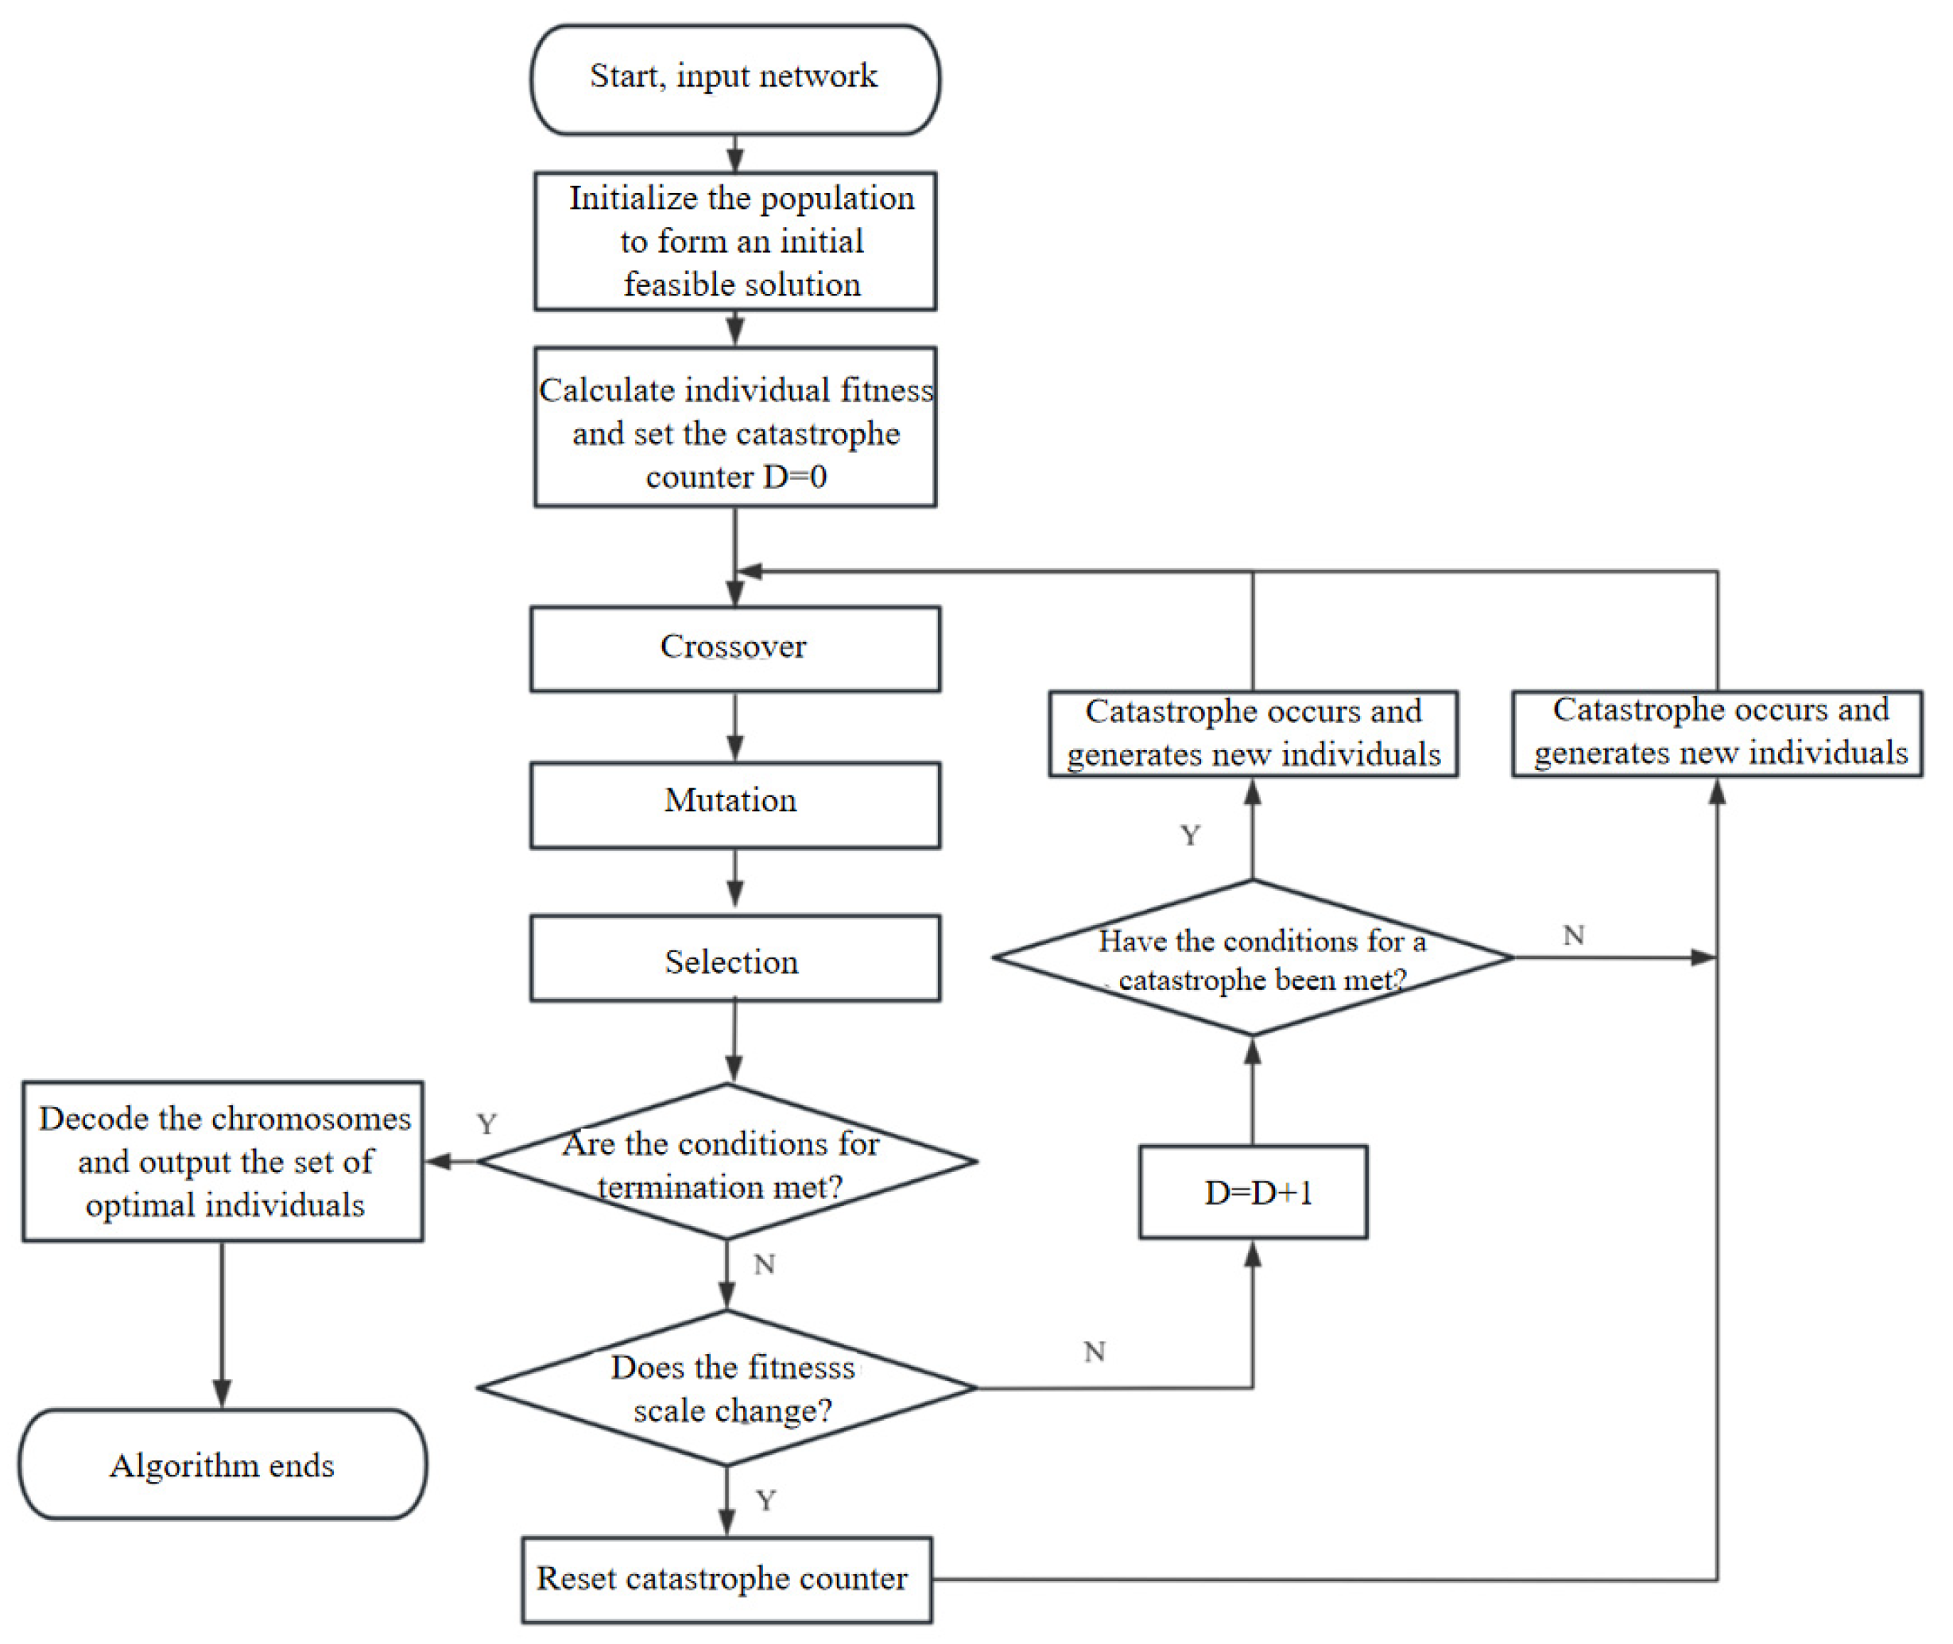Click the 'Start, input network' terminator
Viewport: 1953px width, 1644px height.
click(734, 79)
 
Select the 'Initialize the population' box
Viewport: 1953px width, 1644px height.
click(734, 241)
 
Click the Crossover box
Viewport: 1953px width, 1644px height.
click(734, 648)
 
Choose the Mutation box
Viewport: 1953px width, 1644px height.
click(734, 804)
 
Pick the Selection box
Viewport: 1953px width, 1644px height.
click(734, 958)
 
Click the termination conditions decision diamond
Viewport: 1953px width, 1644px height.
click(727, 1161)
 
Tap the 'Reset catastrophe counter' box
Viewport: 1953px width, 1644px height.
click(727, 1580)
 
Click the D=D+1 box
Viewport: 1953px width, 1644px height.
click(1253, 1192)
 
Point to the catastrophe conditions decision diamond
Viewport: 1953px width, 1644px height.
click(1253, 958)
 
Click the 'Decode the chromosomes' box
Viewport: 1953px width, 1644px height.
click(223, 1161)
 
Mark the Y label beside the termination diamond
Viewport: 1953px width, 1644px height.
click(486, 1124)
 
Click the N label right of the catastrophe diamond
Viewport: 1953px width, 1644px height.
click(1574, 934)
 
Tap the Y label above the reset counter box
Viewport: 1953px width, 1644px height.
click(766, 1500)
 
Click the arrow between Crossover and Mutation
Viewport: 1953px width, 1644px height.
click(734, 727)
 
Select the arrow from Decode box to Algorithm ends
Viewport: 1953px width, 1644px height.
click(222, 1324)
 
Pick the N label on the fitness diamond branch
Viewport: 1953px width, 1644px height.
click(1095, 1352)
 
